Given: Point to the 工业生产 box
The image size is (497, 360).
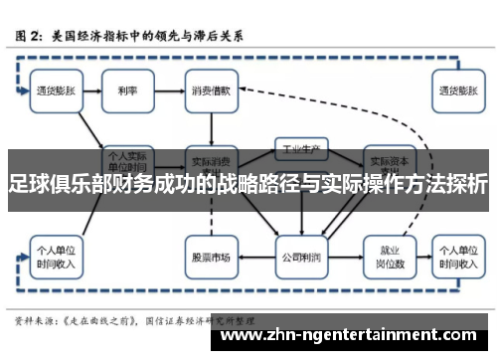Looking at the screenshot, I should (300, 149).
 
